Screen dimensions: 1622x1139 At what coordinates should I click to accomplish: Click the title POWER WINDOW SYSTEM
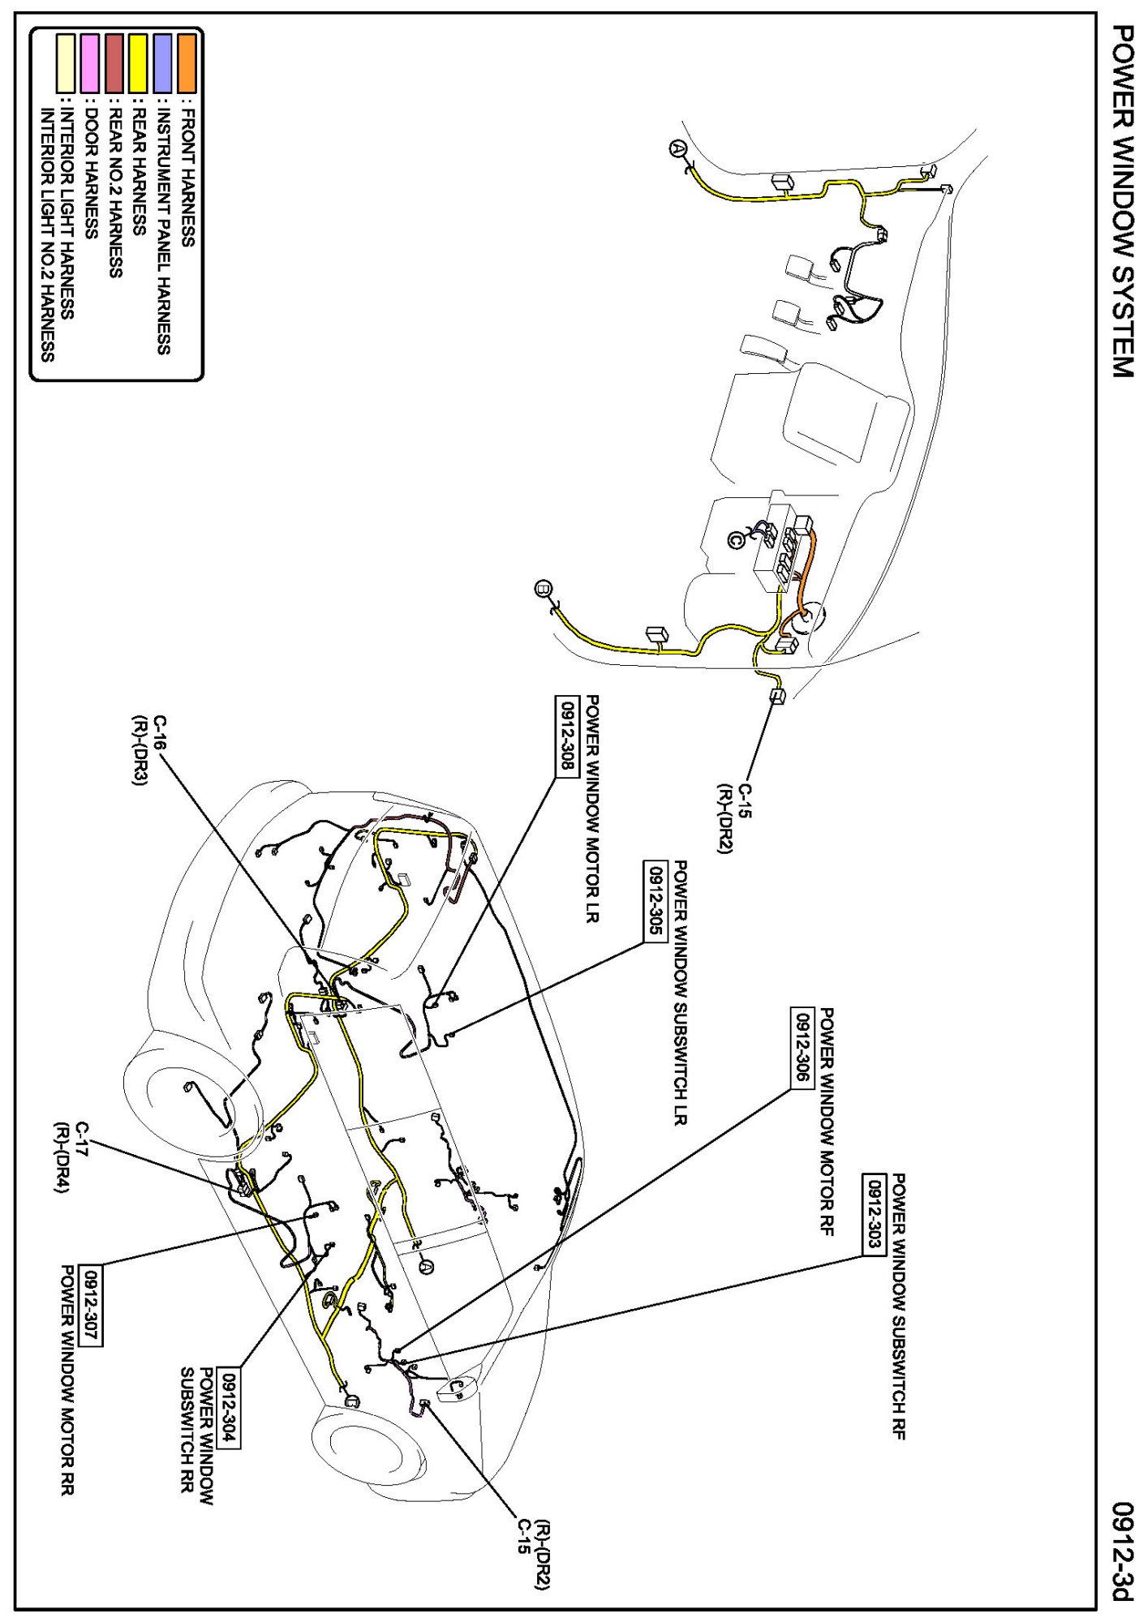pyautogui.click(x=1121, y=201)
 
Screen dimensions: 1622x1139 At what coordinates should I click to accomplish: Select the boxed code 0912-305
pyautogui.click(x=654, y=900)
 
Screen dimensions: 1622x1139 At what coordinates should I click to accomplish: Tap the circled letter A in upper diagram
pyautogui.click(x=678, y=148)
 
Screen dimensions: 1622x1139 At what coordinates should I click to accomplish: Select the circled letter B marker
pyautogui.click(x=543, y=588)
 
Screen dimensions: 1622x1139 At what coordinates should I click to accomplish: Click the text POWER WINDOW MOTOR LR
pyautogui.click(x=592, y=811)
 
